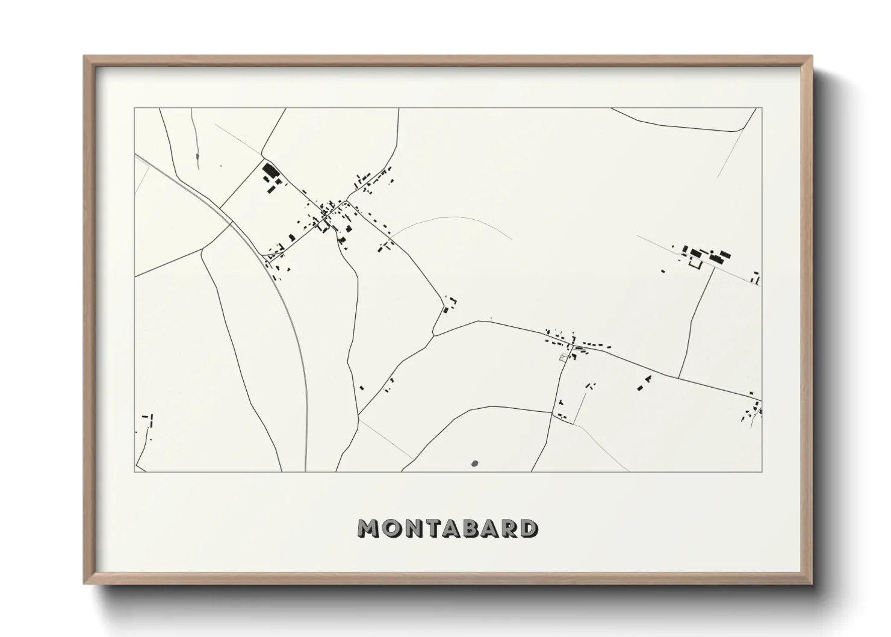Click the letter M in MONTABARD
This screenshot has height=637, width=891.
coord(368,528)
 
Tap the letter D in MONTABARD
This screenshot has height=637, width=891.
coord(529,528)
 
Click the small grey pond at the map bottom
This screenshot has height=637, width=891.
coord(475,464)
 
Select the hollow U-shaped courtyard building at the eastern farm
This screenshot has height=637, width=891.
coord(695,264)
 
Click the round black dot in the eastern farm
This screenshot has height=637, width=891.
coord(712,250)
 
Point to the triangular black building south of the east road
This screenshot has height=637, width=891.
coord(648,379)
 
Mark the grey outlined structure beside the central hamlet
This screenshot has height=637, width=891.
coord(563,358)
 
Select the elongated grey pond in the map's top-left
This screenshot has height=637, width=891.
coord(197,158)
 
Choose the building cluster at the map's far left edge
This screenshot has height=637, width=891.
coord(147,420)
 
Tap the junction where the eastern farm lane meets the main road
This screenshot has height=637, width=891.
coord(679,378)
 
